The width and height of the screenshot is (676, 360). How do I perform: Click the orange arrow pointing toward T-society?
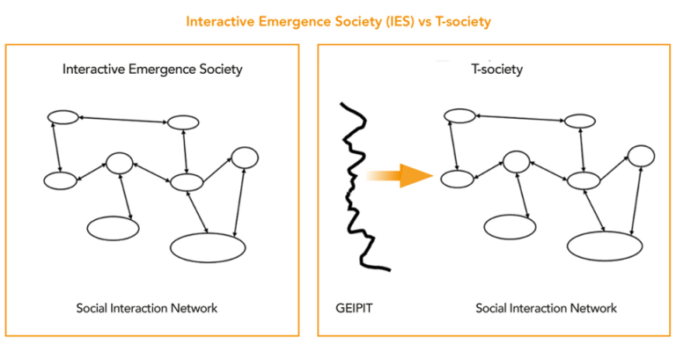pos(400,176)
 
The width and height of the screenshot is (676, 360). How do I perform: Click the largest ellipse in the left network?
pos(208,247)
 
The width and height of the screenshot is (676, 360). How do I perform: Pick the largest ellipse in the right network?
pos(604,244)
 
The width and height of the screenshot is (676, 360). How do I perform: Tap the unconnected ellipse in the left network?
pos(113,228)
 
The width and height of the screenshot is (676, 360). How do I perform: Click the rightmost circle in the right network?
pos(641,157)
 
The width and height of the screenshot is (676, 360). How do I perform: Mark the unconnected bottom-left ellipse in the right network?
pos(510,225)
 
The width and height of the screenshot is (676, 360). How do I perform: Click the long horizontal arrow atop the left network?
pos(123,119)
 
